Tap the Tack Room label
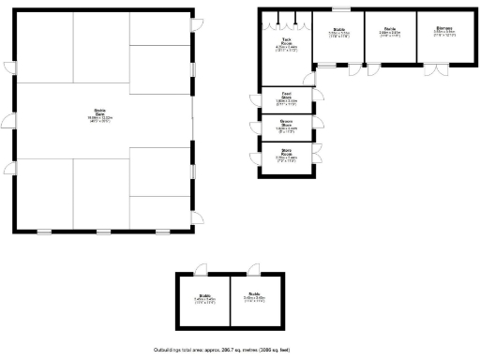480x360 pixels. pyautogui.click(x=286, y=43)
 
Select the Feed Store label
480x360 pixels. pyautogui.click(x=286, y=98)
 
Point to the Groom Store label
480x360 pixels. pyautogui.click(x=286, y=127)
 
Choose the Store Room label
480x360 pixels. pyautogui.click(x=286, y=157)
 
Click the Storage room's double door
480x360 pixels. pyautogui.click(x=435, y=70)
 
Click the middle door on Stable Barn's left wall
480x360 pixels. pyautogui.click(x=8, y=120)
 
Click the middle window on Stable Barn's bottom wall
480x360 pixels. pyautogui.click(x=102, y=232)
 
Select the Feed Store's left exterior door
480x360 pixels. pyautogui.click(x=254, y=98)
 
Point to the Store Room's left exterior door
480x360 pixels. pyautogui.click(x=254, y=157)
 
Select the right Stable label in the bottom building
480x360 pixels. pyautogui.click(x=255, y=301)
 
